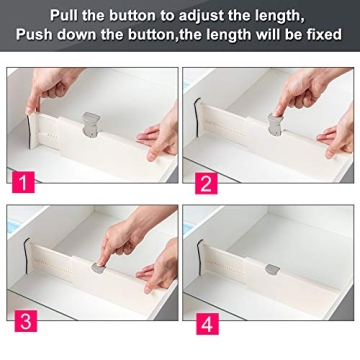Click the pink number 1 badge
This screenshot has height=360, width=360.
(x=22, y=182)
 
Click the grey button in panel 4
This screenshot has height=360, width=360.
(x=273, y=268)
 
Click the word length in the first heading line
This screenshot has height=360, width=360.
(x=270, y=14)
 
